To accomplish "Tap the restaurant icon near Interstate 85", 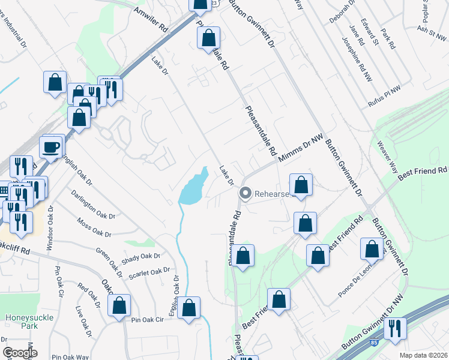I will pyautogui.click(x=395, y=329).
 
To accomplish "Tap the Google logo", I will pyautogui.click(x=20, y=353).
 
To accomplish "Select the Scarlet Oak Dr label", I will pyautogui.click(x=149, y=274).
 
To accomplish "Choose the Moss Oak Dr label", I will pyautogui.click(x=94, y=227).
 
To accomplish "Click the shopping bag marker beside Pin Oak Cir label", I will pyautogui.click(x=119, y=306).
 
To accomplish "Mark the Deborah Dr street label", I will pyautogui.click(x=343, y=14).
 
